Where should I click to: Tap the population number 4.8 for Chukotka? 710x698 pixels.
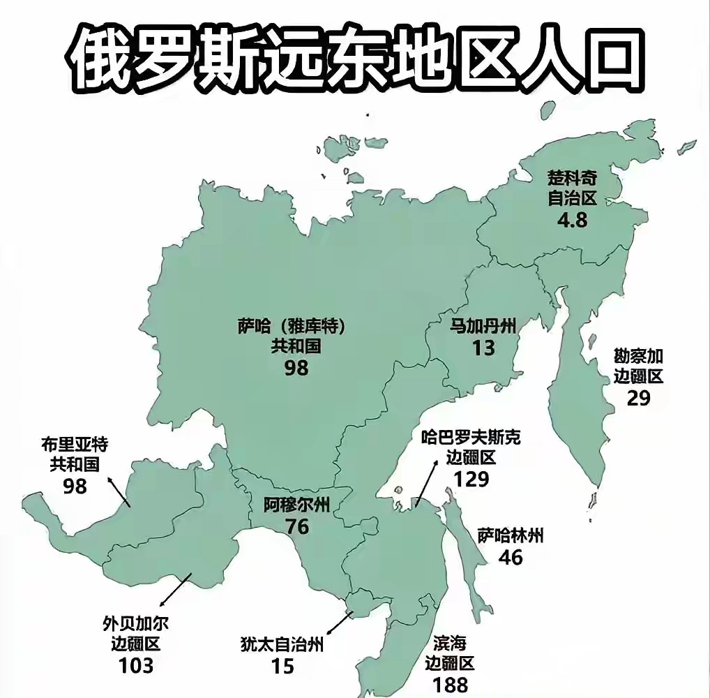pyautogui.click(x=572, y=221)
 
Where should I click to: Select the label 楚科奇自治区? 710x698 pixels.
pyautogui.click(x=572, y=188)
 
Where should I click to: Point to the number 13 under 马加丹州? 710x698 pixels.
pyautogui.click(x=483, y=347)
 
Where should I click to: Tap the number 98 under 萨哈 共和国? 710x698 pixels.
pyautogui.click(x=296, y=368)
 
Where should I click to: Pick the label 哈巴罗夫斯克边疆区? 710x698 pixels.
pyautogui.click(x=471, y=447)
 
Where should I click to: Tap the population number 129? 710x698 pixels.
pyautogui.click(x=471, y=480)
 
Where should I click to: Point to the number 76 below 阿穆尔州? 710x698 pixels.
pyautogui.click(x=297, y=526)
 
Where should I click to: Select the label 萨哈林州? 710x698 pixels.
pyautogui.click(x=511, y=536)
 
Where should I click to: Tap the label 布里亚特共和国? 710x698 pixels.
pyautogui.click(x=75, y=454)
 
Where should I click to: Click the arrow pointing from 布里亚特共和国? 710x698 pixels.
pyautogui.click(x=119, y=491)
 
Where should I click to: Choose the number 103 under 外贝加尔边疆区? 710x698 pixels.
pyautogui.click(x=136, y=665)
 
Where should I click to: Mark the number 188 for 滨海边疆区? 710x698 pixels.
pyautogui.click(x=450, y=685)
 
